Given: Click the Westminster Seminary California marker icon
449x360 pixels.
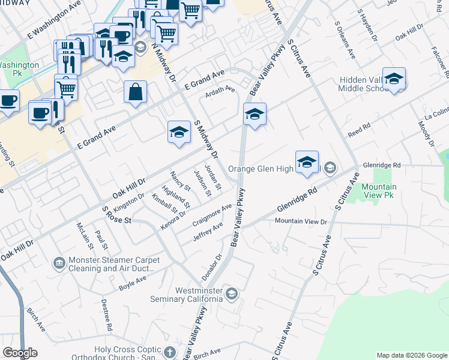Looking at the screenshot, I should tap(232, 293).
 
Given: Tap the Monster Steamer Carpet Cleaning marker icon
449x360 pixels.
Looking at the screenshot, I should tap(59, 263).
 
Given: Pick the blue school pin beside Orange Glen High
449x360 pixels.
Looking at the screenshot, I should tap(307, 162).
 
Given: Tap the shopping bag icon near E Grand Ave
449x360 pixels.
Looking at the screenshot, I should tap(136, 92).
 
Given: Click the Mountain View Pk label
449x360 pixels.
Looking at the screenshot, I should tap(379, 191).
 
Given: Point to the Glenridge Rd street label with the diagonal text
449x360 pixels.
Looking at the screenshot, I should tap(297, 200).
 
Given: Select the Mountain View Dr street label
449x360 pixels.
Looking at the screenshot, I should tap(301, 221).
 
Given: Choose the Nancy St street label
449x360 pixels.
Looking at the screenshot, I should tap(180, 181).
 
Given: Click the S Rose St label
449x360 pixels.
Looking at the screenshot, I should tap(116, 216).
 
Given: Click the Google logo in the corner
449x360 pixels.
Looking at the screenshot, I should tap(20, 353).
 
